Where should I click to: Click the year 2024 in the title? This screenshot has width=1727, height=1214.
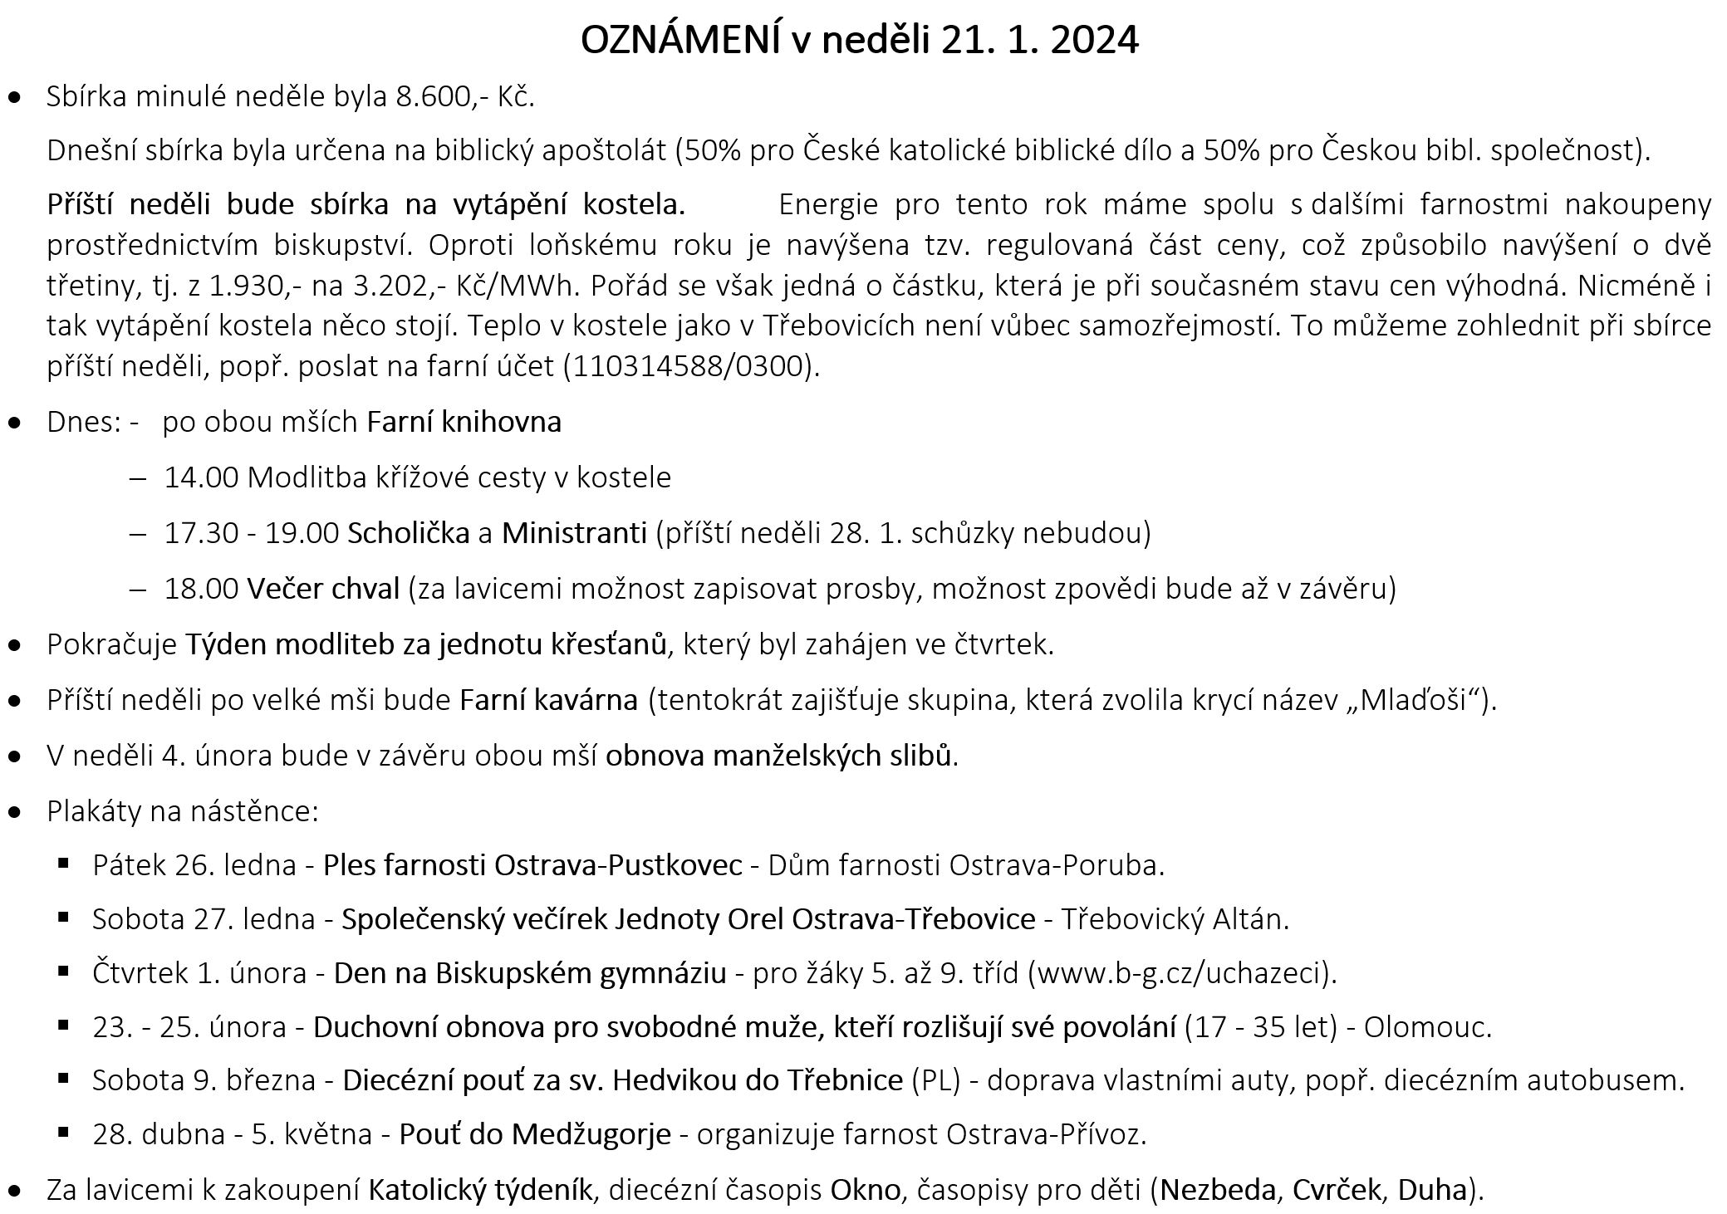click(x=1094, y=40)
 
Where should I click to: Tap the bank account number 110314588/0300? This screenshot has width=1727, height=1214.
click(x=687, y=366)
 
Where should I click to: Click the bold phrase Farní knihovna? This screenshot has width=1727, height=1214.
click(x=464, y=422)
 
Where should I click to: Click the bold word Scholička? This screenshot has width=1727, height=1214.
click(x=409, y=532)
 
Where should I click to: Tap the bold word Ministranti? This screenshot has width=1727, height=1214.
click(x=574, y=532)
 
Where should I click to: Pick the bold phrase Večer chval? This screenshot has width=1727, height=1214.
click(x=323, y=589)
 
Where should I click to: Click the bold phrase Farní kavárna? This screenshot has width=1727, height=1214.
click(x=549, y=700)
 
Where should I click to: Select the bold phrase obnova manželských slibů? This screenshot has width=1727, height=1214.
click(x=778, y=756)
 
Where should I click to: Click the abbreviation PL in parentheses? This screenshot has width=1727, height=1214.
click(x=935, y=1080)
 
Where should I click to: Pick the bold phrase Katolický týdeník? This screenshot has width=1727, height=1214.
click(x=480, y=1190)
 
